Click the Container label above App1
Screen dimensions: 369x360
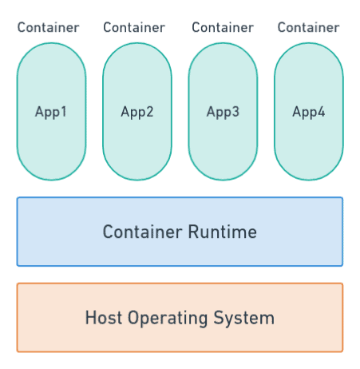tap(49, 28)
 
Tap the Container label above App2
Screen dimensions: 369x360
tap(134, 28)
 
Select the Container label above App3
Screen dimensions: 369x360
tap(223, 28)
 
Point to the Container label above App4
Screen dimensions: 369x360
tap(308, 28)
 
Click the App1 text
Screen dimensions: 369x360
tap(51, 112)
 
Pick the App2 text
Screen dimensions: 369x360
tap(137, 112)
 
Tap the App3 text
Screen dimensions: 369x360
tap(223, 112)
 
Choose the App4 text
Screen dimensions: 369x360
tap(309, 112)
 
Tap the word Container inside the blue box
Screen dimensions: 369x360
tap(142, 232)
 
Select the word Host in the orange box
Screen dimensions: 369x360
tap(101, 318)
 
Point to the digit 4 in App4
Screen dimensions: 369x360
tap(321, 112)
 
